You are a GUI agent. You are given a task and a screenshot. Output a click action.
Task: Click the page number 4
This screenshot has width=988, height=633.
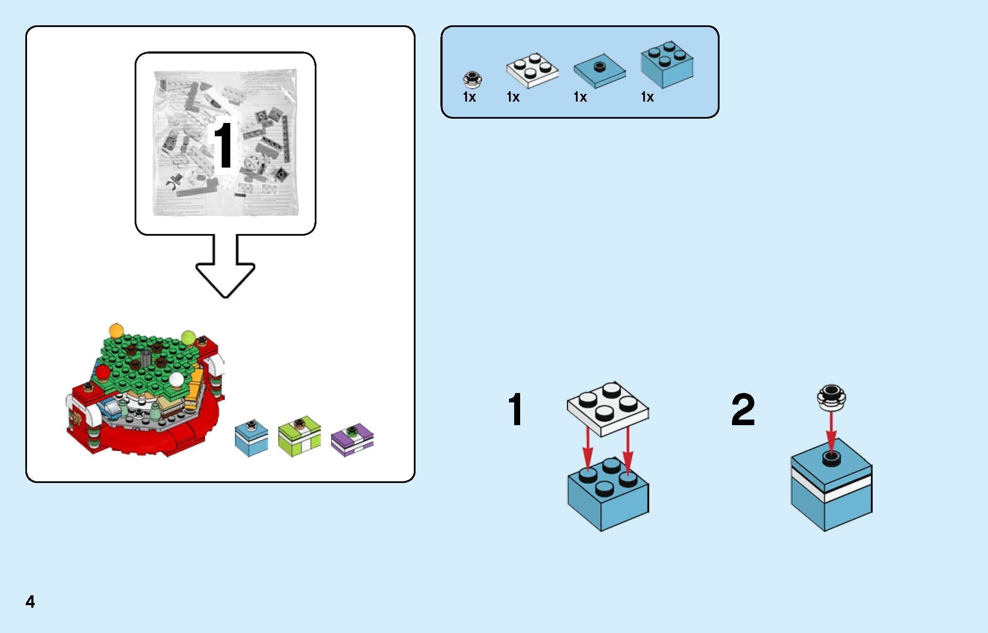[30, 602]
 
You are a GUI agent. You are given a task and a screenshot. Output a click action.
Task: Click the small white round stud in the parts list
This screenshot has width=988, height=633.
[473, 79]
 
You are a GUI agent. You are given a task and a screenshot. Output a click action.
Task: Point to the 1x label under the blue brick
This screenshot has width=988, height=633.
[647, 97]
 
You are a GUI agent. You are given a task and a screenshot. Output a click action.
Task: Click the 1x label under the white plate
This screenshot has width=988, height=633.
[513, 97]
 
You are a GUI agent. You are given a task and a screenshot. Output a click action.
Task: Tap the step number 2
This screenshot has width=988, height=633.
[743, 411]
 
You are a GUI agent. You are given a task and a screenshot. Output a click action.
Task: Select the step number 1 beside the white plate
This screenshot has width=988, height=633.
[515, 411]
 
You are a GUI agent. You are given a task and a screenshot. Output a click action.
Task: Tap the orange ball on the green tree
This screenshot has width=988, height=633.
[116, 330]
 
